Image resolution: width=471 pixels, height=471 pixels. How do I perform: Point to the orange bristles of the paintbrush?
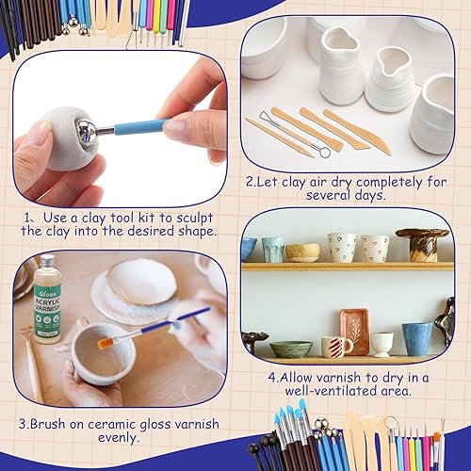tap(107, 342)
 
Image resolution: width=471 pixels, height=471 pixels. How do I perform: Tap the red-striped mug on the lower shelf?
tap(334, 346)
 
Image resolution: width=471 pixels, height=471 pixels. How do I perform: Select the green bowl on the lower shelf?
tap(290, 349)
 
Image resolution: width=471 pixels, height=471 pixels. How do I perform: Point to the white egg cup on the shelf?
tap(382, 344)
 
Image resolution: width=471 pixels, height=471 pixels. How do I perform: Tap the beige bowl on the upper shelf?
tap(302, 252)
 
